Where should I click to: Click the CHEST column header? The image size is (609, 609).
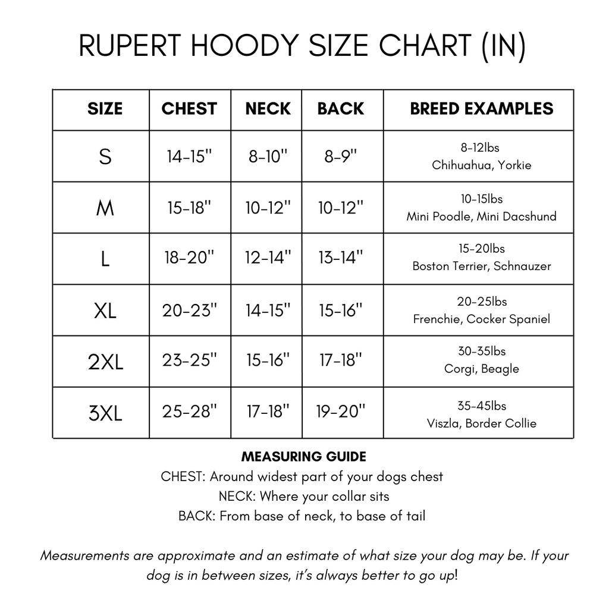189,109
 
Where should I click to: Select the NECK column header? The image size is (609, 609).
268,109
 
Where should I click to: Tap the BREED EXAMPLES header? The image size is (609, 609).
482,109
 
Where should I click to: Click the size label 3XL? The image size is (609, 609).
105,413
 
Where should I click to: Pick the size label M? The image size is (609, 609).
105,208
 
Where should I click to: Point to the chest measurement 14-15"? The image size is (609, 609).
189,156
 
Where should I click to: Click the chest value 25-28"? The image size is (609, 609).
189,412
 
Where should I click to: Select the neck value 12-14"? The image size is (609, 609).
268,258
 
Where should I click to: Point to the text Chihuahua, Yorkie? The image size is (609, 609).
482,165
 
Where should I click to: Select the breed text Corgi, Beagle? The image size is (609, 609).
482,369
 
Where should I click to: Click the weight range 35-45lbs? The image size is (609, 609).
482,406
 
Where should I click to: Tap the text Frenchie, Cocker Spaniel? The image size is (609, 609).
482,319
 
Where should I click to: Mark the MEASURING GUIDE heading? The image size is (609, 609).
304,457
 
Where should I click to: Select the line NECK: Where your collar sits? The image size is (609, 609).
304,496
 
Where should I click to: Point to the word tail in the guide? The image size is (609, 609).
415,516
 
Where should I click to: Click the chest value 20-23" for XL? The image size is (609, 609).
189,310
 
